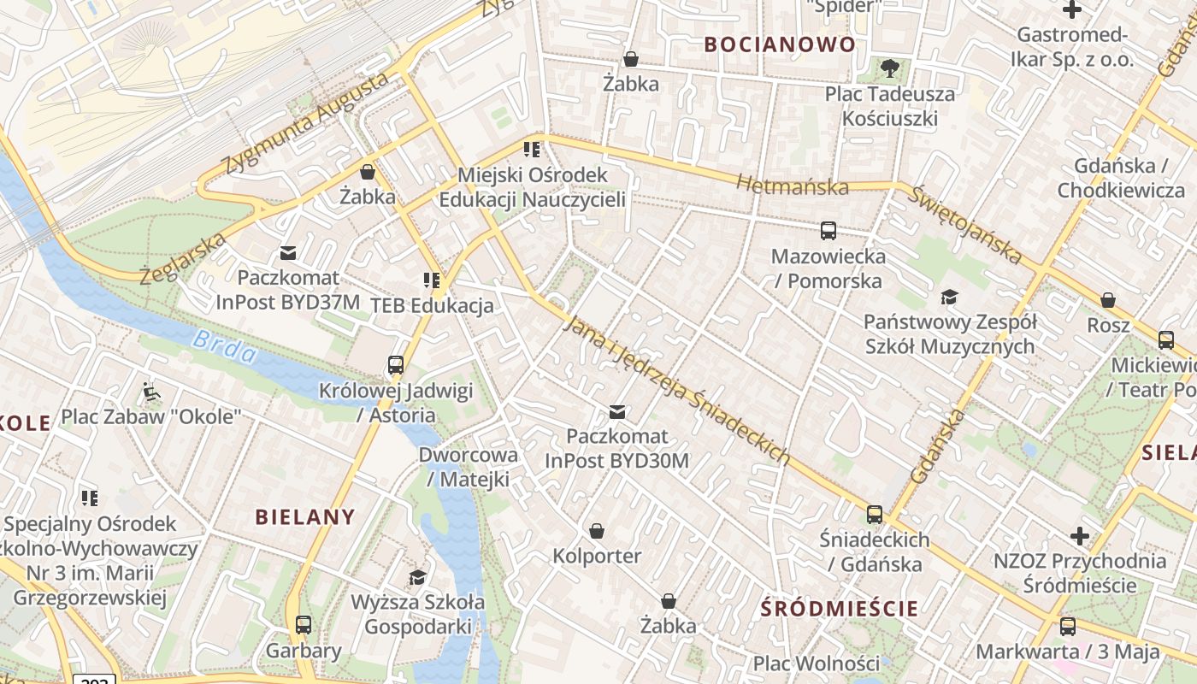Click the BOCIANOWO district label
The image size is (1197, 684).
[779, 44]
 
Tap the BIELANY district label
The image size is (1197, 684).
[305, 516]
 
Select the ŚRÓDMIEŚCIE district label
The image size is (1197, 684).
[840, 609]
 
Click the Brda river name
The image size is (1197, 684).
[224, 346]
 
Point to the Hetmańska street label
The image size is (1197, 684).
[792, 185]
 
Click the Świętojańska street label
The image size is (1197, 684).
[965, 224]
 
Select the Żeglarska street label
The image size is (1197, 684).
[184, 256]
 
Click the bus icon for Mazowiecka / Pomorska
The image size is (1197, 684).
[828, 230]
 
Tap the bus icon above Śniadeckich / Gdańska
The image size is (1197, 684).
[874, 514]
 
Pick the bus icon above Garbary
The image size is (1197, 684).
[304, 624]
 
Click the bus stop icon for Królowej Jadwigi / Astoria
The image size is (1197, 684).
[395, 365]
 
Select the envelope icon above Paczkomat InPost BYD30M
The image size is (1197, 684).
[616, 412]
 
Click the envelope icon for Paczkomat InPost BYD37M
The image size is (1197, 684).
[288, 253]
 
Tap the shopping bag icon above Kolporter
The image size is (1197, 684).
[597, 531]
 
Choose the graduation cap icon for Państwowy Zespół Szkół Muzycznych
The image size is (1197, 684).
[949, 297]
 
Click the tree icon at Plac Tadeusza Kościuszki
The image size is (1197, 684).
[889, 68]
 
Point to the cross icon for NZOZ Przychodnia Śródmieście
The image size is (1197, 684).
[1080, 536]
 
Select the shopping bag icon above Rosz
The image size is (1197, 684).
[1108, 300]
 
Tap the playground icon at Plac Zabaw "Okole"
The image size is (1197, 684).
[151, 392]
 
